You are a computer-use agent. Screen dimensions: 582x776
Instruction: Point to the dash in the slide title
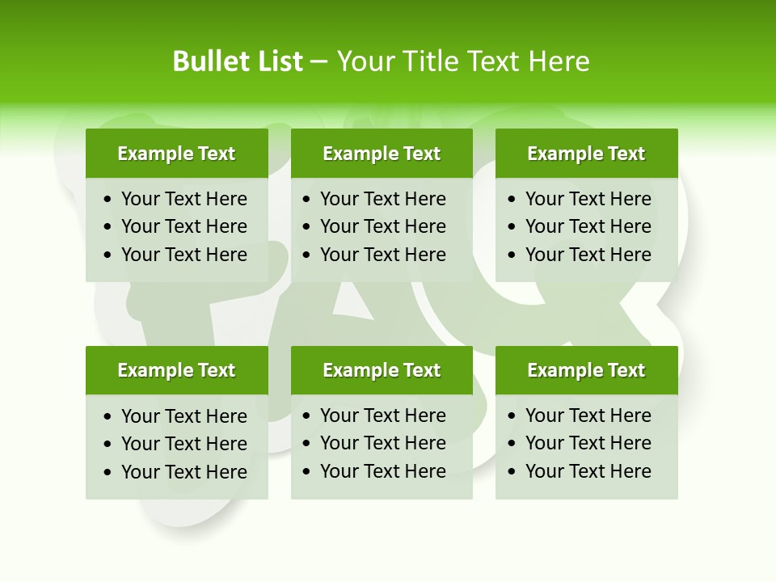tap(319, 61)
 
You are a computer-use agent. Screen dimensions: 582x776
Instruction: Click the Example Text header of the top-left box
tap(176, 154)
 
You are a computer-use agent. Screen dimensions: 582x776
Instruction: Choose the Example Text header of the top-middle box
tap(382, 154)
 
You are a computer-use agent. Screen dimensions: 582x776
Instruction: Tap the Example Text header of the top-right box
tap(586, 154)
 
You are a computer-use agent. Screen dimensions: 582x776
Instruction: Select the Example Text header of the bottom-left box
tap(176, 370)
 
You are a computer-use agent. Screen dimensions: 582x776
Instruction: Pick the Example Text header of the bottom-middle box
tap(382, 370)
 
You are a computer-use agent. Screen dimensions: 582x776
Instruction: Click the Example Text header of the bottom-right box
tap(586, 370)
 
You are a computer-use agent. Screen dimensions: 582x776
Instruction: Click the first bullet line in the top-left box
tap(184, 199)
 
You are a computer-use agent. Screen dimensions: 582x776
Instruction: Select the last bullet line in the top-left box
tap(184, 255)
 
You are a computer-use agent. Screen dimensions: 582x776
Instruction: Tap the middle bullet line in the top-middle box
tap(383, 226)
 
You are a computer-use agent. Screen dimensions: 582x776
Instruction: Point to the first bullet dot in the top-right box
tap(512, 200)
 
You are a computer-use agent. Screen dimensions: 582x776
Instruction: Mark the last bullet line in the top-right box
tap(588, 255)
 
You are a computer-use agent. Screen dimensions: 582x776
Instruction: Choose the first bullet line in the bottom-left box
tap(184, 416)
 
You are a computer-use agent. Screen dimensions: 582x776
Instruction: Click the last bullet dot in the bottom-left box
tap(108, 473)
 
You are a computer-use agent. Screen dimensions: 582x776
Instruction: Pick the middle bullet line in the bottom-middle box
tap(383, 443)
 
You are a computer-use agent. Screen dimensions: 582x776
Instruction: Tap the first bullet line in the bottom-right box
tap(588, 415)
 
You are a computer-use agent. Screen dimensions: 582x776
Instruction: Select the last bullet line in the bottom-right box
tap(588, 471)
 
